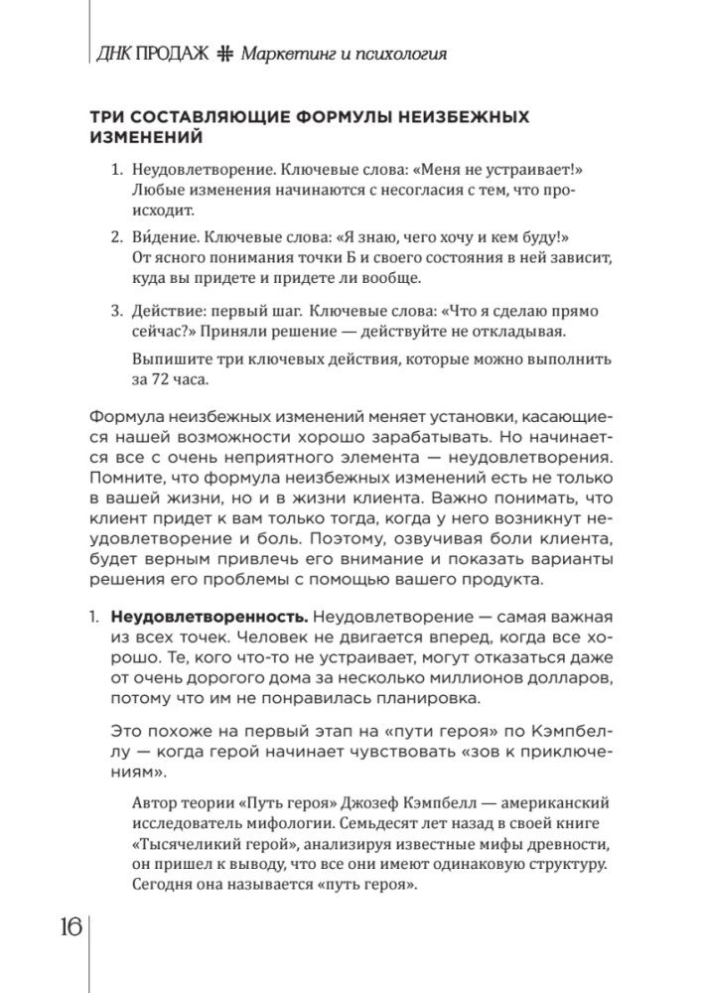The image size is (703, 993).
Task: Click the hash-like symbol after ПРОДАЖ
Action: pos(224,56)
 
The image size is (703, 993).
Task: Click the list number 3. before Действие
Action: pos(115,310)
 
